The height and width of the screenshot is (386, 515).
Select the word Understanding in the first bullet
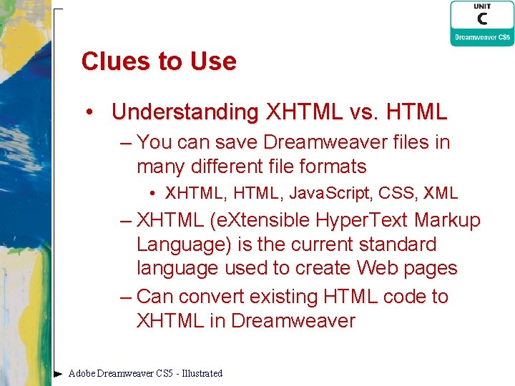point(185,112)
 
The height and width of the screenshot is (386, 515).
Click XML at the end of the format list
point(441,193)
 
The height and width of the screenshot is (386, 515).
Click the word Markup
point(448,220)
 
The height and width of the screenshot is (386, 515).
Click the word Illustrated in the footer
point(202,373)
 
